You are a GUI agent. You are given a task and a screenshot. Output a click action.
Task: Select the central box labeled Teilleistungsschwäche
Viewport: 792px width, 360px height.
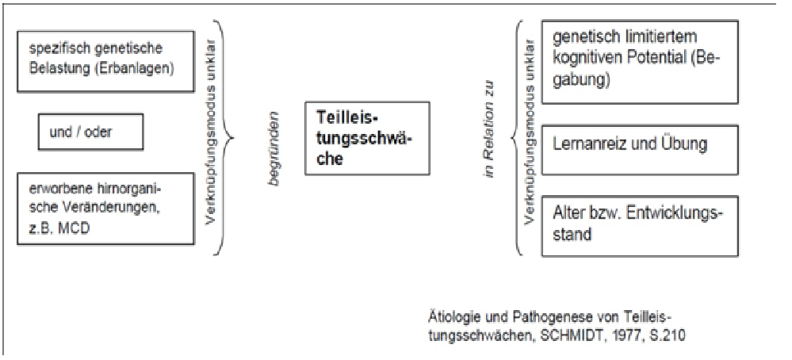coord(367,138)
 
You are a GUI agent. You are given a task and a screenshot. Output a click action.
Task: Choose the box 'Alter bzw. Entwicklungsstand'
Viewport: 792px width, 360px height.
coord(640,226)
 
